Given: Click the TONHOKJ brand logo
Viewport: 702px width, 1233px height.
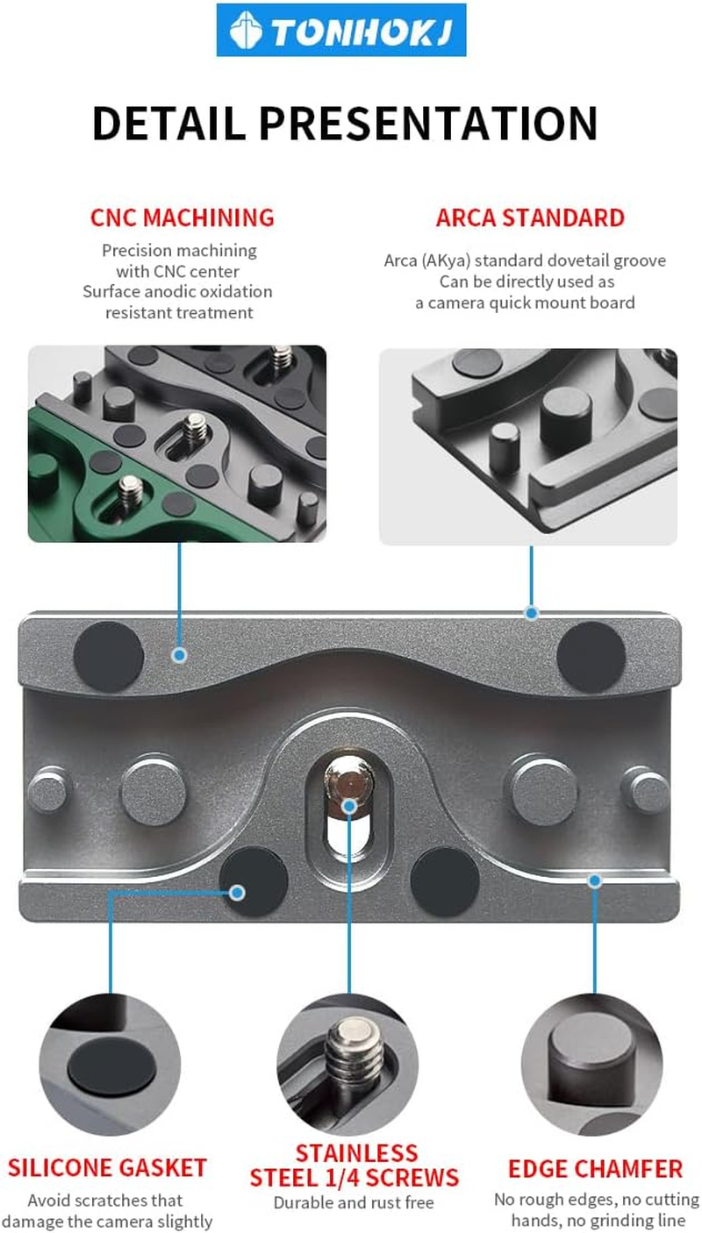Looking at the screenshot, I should click(x=340, y=31).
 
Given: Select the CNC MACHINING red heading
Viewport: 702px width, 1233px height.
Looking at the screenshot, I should click(x=182, y=217).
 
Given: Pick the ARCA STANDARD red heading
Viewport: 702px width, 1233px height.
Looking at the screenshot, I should click(x=530, y=217).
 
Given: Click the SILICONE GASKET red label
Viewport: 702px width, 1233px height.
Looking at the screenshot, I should click(x=107, y=1168).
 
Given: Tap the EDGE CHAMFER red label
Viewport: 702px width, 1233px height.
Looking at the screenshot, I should click(x=595, y=1169).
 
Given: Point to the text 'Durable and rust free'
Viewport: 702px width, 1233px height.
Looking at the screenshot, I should click(x=354, y=1202).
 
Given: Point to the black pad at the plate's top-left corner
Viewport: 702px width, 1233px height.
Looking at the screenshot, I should click(x=109, y=654).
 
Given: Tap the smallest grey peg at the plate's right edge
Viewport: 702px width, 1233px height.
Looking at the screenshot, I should click(x=647, y=789).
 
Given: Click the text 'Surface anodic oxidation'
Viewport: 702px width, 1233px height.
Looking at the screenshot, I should click(x=177, y=291).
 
